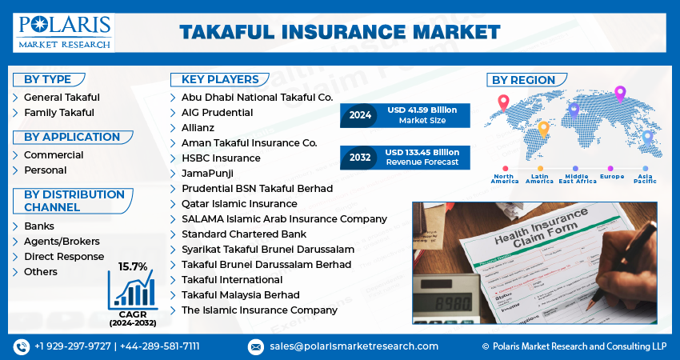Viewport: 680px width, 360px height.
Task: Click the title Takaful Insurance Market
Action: [339, 32]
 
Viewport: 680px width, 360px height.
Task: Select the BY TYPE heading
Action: [47, 79]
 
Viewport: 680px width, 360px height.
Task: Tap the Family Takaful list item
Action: [58, 113]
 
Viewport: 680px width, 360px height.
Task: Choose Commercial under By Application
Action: [53, 155]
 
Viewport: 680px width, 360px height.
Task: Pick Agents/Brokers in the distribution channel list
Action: [62, 242]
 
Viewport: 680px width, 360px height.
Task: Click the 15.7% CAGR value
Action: [133, 266]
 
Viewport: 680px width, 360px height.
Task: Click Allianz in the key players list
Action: [198, 128]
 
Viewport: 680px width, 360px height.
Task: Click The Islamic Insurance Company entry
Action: [259, 310]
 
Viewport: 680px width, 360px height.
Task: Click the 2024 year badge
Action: [360, 115]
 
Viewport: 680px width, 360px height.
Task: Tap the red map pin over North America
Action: [503, 103]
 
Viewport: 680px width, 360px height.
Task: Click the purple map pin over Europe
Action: [619, 94]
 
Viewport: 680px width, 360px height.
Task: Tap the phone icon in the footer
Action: [21, 346]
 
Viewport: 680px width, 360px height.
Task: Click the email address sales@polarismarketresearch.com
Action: [353, 346]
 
